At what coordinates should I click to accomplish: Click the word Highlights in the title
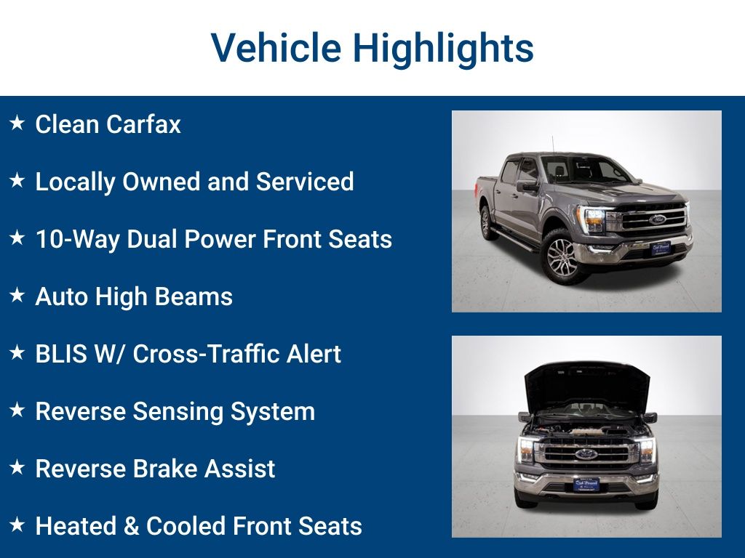click(x=443, y=48)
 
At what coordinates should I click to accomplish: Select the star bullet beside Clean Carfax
click(x=17, y=124)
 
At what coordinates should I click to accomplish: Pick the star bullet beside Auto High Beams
click(x=17, y=296)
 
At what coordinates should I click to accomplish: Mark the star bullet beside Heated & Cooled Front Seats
click(x=17, y=525)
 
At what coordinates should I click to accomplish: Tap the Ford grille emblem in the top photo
click(x=657, y=219)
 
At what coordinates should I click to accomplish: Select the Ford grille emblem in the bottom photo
click(x=586, y=454)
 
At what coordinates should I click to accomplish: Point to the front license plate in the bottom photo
click(x=586, y=485)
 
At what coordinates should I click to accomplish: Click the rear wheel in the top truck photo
click(x=485, y=222)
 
